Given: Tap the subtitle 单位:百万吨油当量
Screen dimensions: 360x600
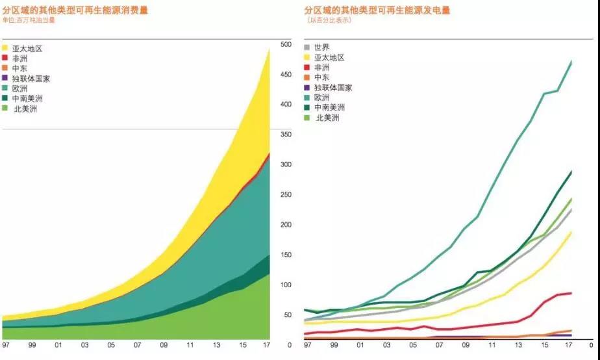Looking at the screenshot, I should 30,20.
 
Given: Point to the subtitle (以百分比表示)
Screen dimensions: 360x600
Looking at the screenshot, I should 329,20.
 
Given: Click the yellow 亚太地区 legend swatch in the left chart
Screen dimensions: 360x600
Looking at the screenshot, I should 6,48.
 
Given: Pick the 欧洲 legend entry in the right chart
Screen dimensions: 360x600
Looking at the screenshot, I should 321,97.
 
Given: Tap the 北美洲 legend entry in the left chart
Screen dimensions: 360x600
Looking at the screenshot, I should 25,109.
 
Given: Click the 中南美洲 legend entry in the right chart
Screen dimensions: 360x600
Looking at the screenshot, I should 329,107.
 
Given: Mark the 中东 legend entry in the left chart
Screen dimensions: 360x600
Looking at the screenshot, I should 19,68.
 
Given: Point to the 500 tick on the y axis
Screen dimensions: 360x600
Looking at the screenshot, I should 286,44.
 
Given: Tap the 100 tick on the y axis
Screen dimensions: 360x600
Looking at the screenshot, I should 286,285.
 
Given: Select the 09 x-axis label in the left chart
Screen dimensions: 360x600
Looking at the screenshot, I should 164,344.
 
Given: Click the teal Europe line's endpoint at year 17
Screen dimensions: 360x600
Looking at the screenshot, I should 571,61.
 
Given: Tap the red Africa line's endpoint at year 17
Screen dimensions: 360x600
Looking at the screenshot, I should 571,293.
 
